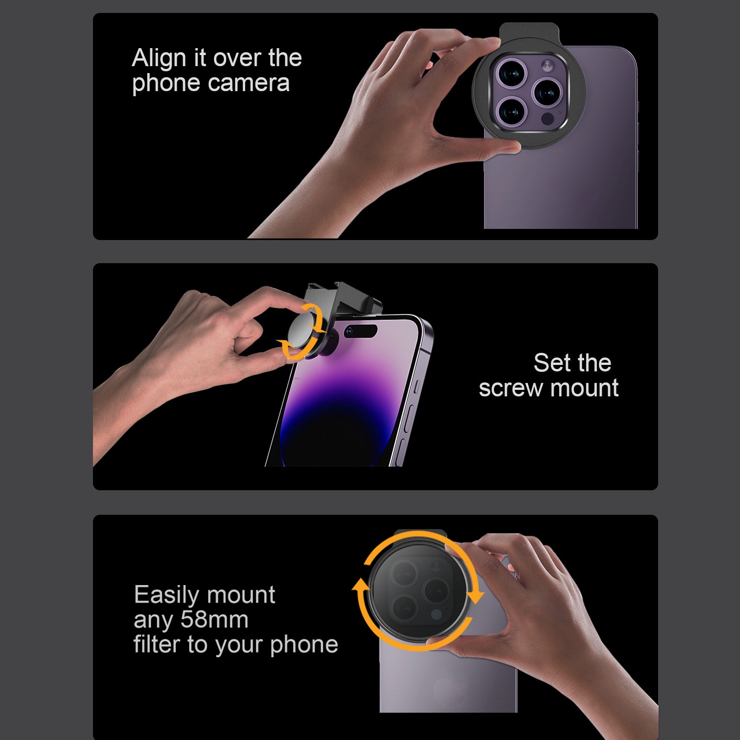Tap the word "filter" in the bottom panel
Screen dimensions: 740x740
tap(157, 644)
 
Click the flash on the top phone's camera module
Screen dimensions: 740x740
tap(548, 66)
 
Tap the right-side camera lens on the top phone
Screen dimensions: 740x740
tap(548, 92)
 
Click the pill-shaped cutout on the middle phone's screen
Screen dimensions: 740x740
tap(361, 331)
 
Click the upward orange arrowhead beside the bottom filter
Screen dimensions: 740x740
tap(360, 586)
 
